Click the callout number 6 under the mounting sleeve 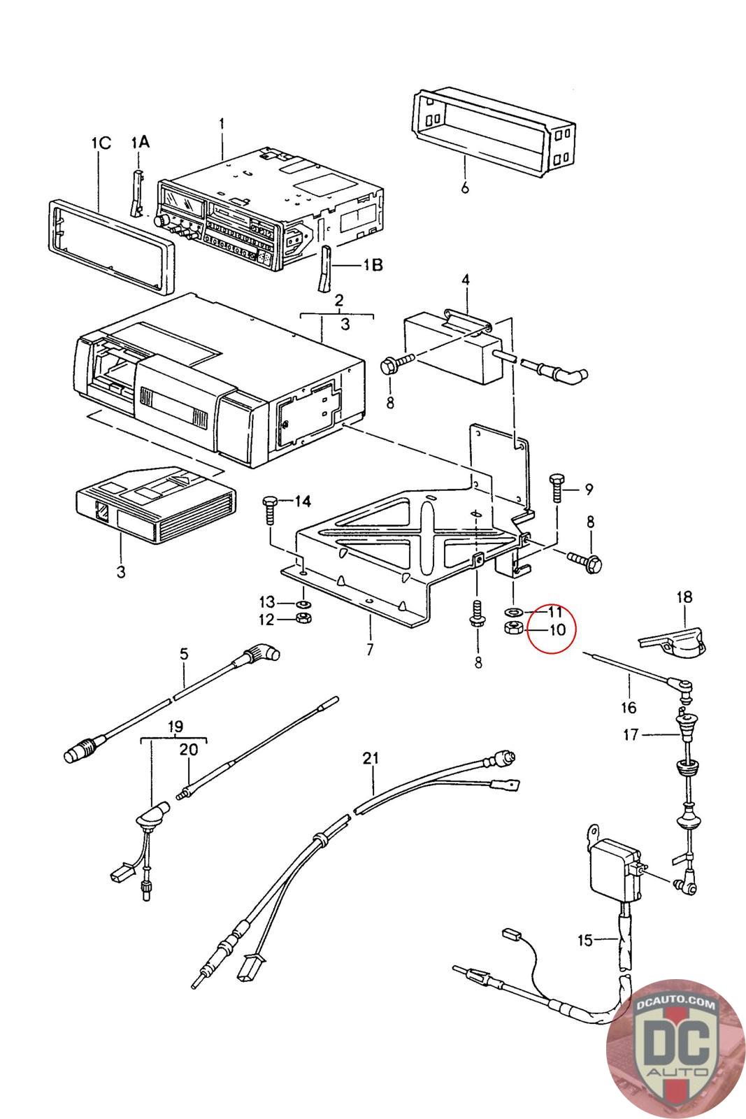[465, 188]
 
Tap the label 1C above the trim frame [101, 143]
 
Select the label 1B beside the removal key [373, 265]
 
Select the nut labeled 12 [303, 618]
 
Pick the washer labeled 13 [303, 603]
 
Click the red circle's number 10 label [557, 629]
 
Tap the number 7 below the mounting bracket [369, 650]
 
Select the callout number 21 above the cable [371, 757]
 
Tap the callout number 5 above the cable [184, 654]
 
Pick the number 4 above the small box [465, 280]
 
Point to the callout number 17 [631, 734]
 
